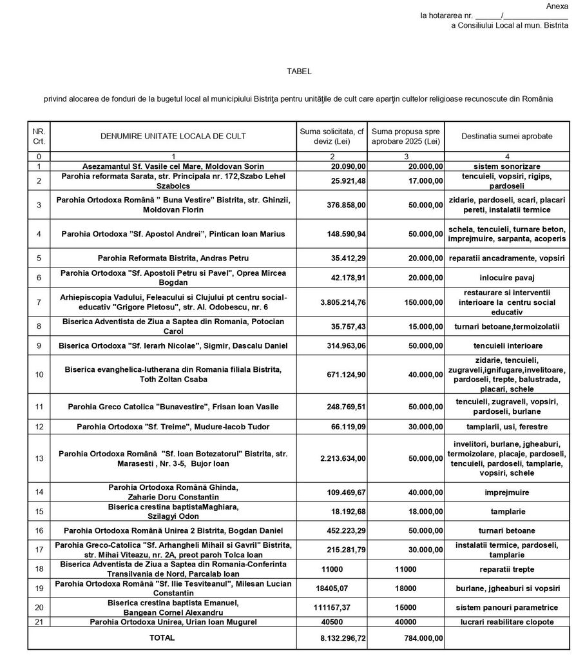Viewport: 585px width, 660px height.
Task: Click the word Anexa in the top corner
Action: (x=557, y=6)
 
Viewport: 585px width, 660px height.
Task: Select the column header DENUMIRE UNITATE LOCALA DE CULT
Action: (x=173, y=136)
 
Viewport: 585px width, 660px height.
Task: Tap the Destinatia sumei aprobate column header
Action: (x=506, y=136)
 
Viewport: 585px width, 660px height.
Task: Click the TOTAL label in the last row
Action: (x=162, y=637)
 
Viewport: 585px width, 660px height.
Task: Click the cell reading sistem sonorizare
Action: (x=507, y=166)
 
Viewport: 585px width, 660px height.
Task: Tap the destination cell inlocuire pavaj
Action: (x=507, y=278)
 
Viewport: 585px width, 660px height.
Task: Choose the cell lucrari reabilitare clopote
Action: (x=507, y=622)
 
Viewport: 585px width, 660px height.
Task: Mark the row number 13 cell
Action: (x=39, y=459)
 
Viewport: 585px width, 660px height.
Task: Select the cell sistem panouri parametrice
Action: (x=507, y=607)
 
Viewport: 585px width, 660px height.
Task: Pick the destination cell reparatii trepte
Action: (x=507, y=569)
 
